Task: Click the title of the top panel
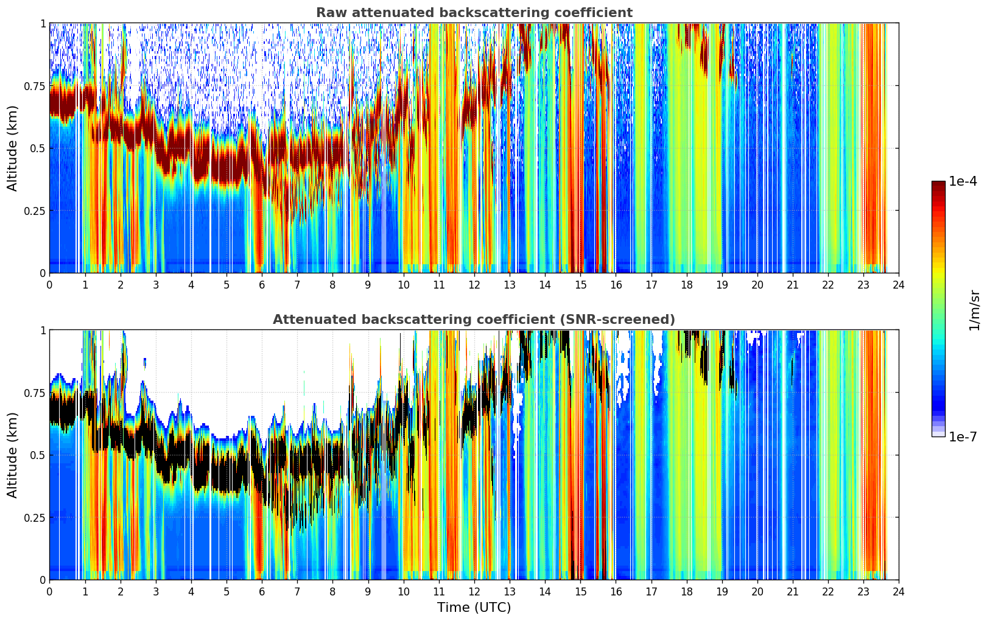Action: click(474, 13)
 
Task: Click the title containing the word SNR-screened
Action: click(474, 319)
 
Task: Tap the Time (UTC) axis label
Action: click(474, 608)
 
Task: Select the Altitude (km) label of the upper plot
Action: click(12, 149)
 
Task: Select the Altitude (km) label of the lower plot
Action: click(12, 455)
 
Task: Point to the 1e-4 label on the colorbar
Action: click(963, 181)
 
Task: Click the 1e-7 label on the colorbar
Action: click(963, 437)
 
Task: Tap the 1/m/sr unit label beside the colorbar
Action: click(974, 310)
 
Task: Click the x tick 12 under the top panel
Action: click(474, 284)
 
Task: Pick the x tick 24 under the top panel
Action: click(899, 284)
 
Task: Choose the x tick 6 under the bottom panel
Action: click(262, 592)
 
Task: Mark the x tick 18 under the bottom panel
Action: click(686, 592)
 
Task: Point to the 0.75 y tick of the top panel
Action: click(35, 86)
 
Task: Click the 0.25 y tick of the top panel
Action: click(35, 211)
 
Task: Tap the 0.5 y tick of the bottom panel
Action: click(38, 455)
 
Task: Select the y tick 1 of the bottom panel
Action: click(43, 331)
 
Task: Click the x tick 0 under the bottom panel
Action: click(49, 592)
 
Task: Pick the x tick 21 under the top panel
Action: click(793, 284)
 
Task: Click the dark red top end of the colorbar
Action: click(938, 184)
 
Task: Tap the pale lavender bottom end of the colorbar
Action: click(938, 433)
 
